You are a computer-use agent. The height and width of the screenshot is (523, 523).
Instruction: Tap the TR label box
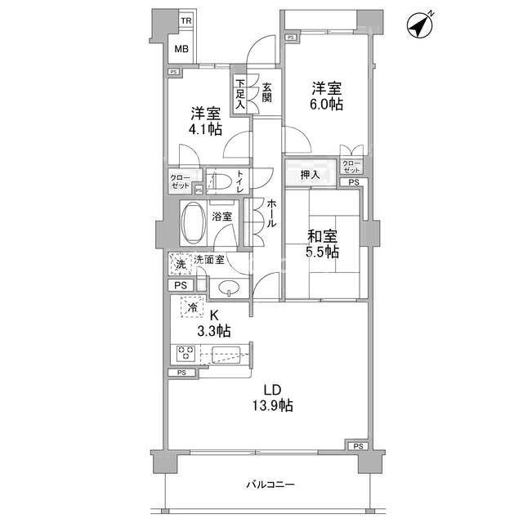pos(186,20)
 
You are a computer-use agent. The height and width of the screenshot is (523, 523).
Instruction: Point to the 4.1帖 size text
pos(204,129)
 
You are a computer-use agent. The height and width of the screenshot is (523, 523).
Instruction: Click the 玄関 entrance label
pos(267,89)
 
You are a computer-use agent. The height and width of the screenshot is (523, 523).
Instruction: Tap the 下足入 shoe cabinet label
pos(240,94)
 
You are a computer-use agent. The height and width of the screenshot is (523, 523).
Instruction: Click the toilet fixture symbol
pos(218,181)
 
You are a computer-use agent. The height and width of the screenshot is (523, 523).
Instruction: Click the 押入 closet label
pos(310,174)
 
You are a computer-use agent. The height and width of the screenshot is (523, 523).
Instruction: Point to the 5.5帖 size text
pos(323,253)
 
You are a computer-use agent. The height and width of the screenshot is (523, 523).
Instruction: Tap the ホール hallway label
pos(271,212)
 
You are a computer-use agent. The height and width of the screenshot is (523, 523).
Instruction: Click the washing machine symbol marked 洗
pos(181,263)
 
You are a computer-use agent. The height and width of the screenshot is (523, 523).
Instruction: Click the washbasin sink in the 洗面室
pos(229,287)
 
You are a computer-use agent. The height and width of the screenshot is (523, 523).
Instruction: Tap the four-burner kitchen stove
pos(184,354)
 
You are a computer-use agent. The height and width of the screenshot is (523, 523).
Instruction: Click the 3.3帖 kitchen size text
pos(215,330)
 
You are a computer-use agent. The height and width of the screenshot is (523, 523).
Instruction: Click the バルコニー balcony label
pos(270,485)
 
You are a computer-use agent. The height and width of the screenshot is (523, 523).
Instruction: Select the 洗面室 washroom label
pos(209,260)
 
